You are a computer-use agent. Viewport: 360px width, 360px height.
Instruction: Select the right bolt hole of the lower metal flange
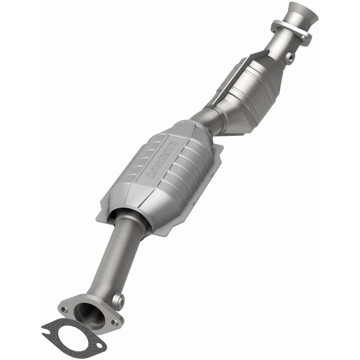click(x=115, y=322)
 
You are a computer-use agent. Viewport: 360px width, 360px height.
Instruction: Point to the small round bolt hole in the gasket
click(x=99, y=345)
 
